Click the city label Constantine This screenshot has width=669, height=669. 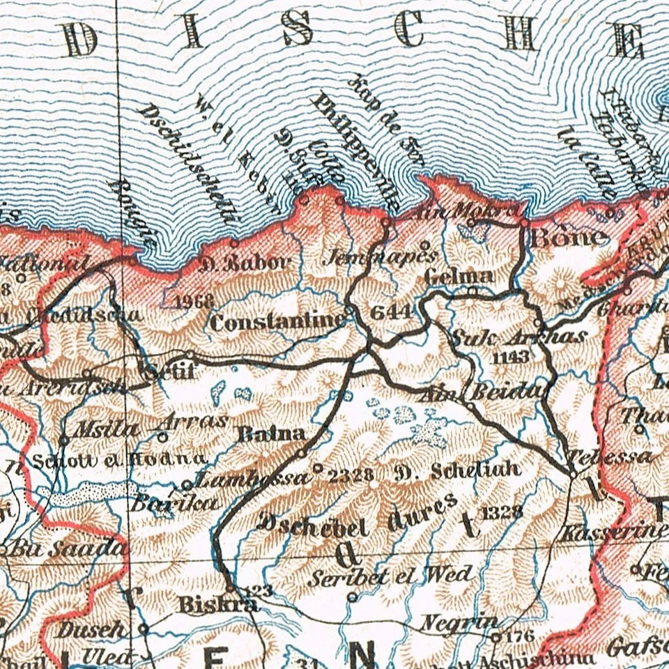(x=277, y=322)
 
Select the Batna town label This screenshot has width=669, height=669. (x=272, y=433)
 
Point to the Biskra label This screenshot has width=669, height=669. (x=208, y=603)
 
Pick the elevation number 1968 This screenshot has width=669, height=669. (x=194, y=302)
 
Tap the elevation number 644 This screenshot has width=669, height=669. (x=391, y=312)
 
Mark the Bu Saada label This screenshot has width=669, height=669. (x=67, y=548)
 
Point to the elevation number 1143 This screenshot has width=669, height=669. (x=511, y=357)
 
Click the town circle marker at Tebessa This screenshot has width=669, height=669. (x=573, y=473)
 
